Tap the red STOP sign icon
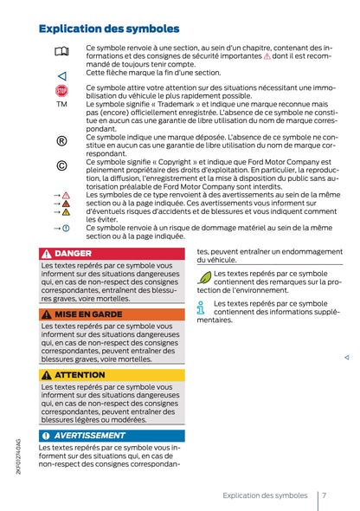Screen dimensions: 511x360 tap(61, 90)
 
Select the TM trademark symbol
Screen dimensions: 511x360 tap(61, 104)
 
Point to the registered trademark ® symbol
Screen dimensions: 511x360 tap(61, 140)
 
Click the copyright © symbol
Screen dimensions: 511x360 tap(61, 165)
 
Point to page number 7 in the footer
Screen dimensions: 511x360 tap(323, 495)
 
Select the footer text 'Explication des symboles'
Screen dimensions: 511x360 tap(264, 495)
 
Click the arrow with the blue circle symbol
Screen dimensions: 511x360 tap(61, 227)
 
